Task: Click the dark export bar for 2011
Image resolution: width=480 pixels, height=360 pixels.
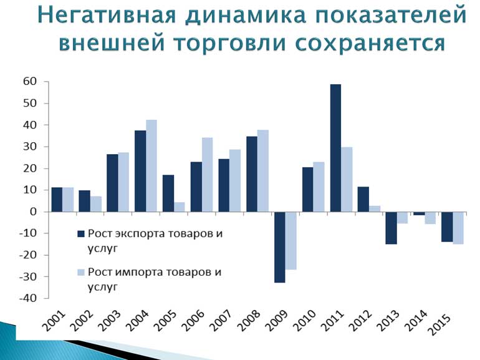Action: (x=335, y=148)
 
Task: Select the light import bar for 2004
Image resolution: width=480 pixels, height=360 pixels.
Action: (x=151, y=166)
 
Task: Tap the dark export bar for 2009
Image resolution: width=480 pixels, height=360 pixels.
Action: (x=279, y=247)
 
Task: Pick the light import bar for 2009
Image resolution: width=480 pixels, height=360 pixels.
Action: (x=291, y=241)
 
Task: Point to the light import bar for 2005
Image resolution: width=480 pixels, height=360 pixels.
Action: (x=180, y=207)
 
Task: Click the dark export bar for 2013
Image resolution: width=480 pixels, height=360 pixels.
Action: (x=391, y=228)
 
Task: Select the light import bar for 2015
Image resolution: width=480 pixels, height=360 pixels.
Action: (x=458, y=228)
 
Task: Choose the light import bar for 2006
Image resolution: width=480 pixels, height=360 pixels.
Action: (x=207, y=175)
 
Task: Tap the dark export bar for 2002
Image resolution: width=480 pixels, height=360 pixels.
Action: (x=85, y=201)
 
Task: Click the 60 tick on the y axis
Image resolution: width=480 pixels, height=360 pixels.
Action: (x=30, y=82)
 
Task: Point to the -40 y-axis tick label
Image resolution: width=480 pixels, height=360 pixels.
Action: (x=28, y=298)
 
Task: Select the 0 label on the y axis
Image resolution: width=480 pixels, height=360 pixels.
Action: (x=33, y=212)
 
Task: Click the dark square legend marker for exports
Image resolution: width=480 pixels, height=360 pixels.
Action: (x=81, y=234)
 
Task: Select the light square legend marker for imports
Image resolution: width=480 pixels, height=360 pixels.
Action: (x=81, y=273)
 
